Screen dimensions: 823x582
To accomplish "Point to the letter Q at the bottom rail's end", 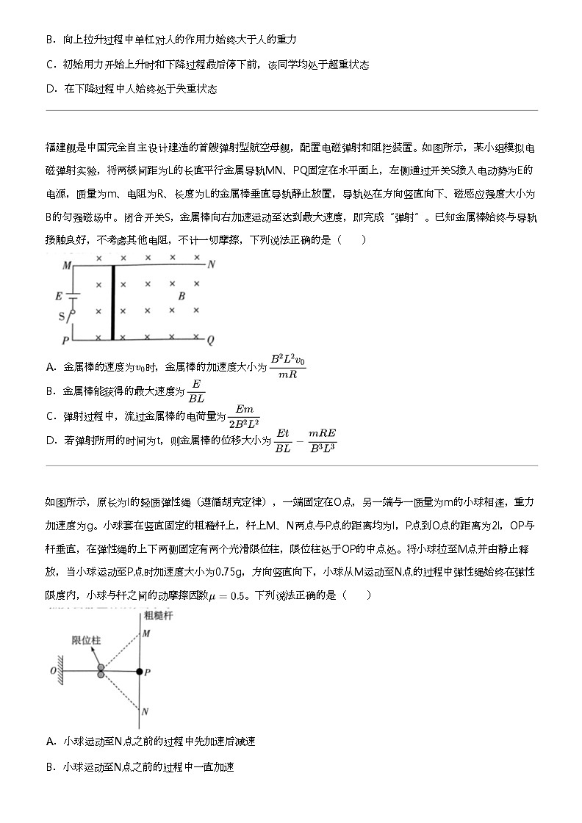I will [210, 341].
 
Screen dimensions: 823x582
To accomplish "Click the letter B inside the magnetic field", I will [182, 297].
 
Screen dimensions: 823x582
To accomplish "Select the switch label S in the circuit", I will [62, 317].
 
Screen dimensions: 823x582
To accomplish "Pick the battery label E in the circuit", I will [58, 297].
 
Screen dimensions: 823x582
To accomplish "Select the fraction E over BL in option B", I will [196, 391].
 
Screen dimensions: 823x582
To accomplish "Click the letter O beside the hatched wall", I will [52, 671].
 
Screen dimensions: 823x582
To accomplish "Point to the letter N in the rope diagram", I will [145, 711].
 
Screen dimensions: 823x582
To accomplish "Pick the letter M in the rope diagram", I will [145, 634].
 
